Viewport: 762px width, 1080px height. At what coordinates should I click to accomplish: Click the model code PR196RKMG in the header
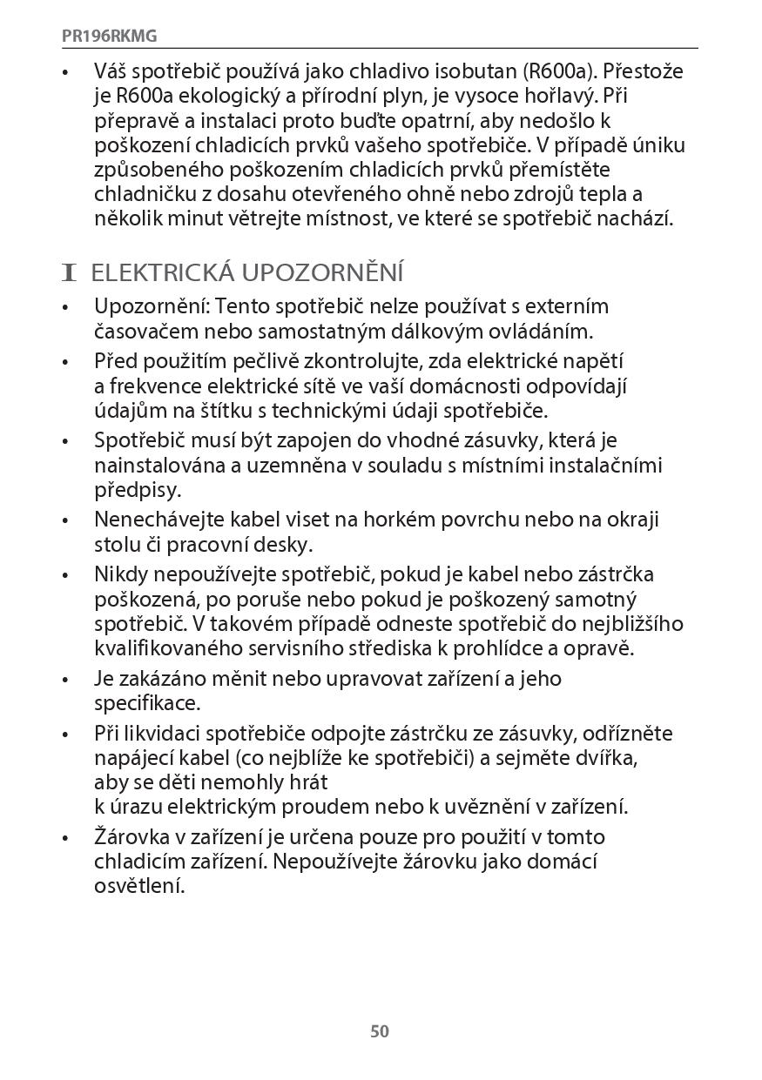[109, 37]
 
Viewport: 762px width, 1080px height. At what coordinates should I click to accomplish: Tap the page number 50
[380, 1031]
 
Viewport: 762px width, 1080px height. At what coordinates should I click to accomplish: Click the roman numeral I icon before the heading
[70, 273]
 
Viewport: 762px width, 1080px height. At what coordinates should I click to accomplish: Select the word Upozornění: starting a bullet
[152, 306]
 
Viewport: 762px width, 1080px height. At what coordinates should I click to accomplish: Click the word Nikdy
[119, 574]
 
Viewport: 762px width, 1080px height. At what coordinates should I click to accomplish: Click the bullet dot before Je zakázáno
[65, 680]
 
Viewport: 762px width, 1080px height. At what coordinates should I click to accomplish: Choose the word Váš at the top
[113, 70]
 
